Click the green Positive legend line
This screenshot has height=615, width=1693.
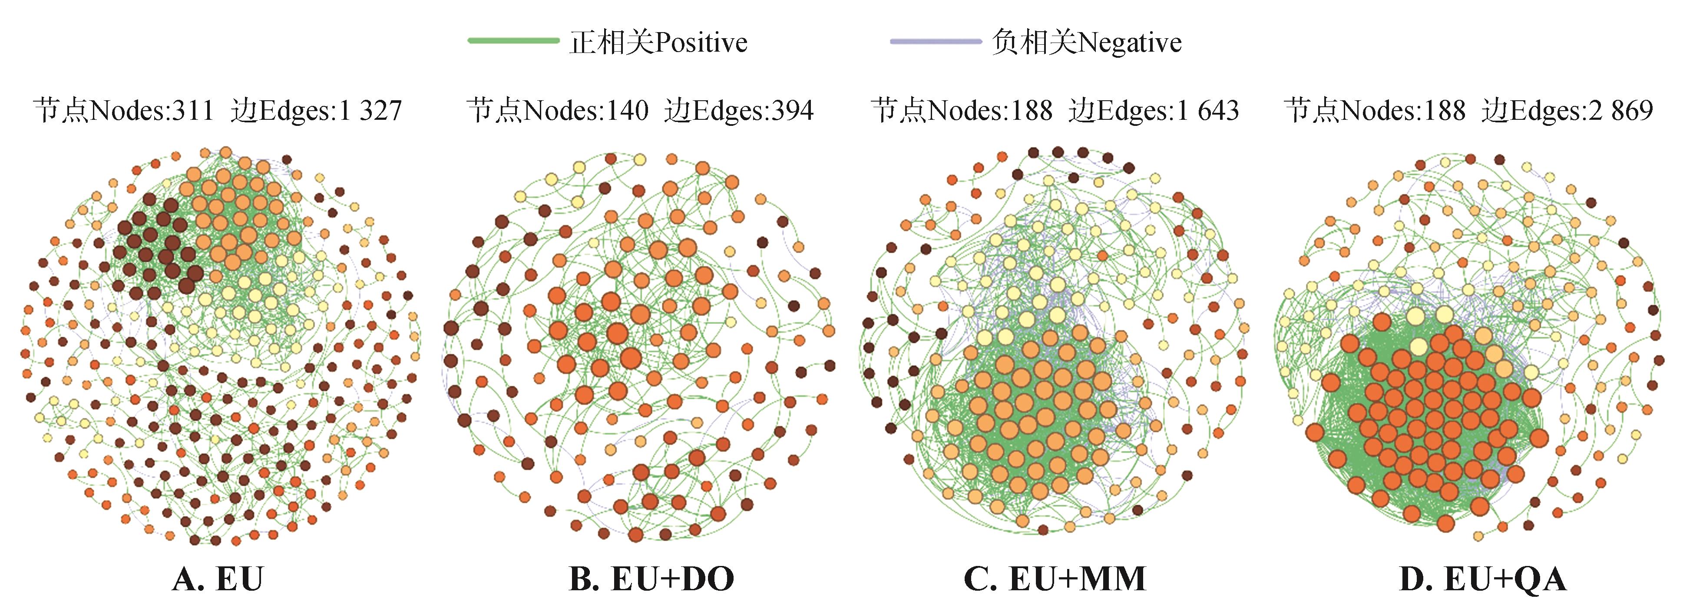point(513,41)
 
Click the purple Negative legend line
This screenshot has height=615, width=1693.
point(935,41)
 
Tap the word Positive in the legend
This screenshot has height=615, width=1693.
point(701,43)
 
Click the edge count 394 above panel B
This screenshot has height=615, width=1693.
point(792,110)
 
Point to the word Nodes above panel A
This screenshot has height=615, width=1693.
point(128,110)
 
